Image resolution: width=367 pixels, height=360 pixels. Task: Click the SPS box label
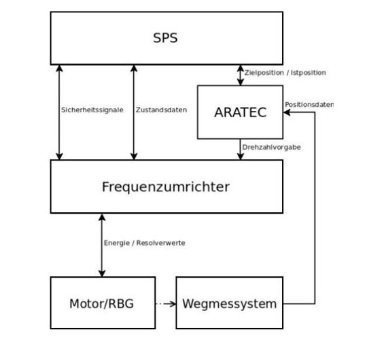point(165,38)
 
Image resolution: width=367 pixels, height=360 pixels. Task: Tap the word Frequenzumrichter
point(166,186)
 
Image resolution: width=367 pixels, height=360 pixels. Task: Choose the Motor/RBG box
point(101,303)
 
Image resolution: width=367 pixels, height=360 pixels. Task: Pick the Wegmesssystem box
point(229,303)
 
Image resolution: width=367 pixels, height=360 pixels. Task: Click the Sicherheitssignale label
point(92,110)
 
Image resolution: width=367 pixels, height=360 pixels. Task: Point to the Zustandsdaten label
point(161,110)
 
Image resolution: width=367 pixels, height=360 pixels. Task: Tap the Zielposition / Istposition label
point(285,72)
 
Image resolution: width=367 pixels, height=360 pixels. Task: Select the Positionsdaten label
point(309,105)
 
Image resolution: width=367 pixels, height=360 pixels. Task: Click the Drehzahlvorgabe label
point(271,146)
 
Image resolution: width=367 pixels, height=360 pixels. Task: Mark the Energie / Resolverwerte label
point(145,243)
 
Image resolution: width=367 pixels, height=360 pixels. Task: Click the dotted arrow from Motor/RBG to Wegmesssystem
point(163,303)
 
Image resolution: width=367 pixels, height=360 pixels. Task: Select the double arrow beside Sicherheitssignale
point(60,112)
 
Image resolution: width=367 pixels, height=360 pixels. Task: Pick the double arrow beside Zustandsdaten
point(134,112)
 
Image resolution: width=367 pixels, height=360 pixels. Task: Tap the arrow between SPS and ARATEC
point(240,75)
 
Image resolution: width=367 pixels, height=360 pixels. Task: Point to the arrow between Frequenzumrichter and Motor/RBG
point(102,245)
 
